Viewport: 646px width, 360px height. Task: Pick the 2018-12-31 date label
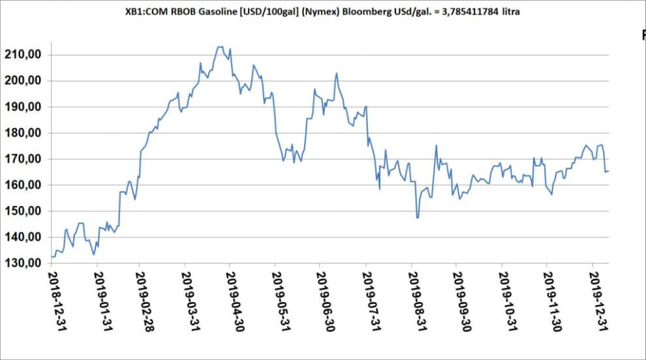point(52,301)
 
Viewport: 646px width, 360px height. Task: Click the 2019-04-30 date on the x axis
point(232,301)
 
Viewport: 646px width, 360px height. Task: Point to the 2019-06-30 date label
point(322,301)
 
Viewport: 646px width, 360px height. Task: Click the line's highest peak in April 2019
point(220,46)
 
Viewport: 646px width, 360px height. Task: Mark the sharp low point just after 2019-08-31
point(417,218)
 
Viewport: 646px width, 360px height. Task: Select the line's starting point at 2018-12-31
point(52,257)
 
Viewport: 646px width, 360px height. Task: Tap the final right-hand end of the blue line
point(609,172)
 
